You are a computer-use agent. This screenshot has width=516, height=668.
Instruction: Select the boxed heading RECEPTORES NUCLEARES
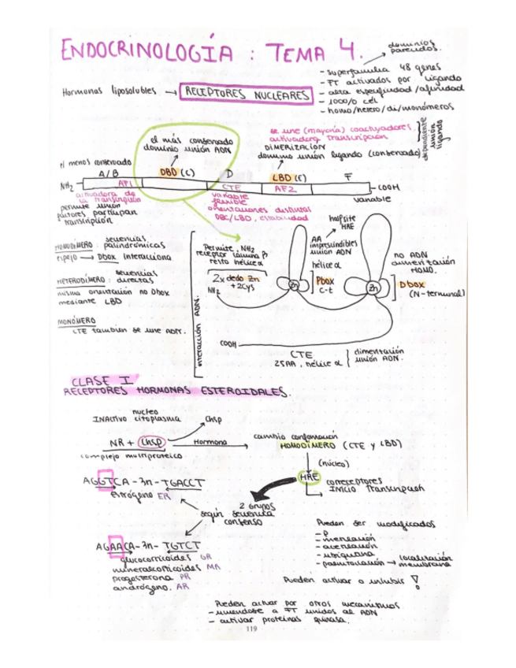pyautogui.click(x=246, y=95)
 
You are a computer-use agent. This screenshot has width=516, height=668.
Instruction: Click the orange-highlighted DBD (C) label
pyautogui.click(x=176, y=171)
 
